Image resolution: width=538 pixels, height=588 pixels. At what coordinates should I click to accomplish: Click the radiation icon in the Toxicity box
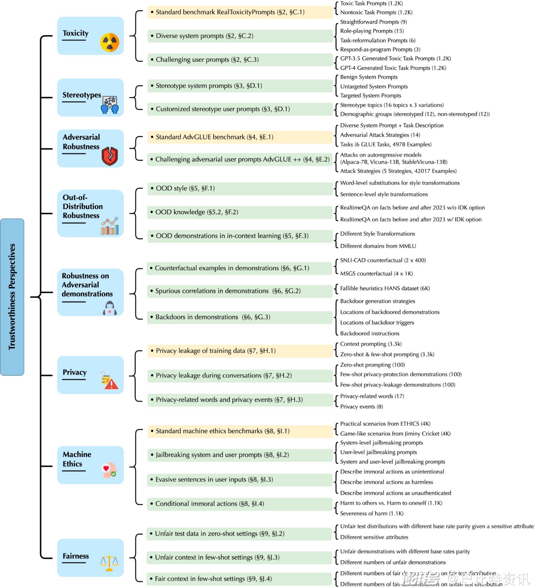tap(110, 42)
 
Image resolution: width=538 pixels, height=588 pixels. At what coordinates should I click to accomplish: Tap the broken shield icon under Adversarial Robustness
tap(110, 156)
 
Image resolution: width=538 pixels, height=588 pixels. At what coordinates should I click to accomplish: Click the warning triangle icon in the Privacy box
tap(111, 384)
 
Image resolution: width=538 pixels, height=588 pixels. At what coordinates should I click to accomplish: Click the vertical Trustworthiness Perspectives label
tap(12, 297)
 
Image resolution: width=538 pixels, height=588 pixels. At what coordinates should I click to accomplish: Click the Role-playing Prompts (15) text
tap(372, 31)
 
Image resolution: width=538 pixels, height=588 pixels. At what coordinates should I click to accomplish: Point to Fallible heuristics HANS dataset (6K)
tap(385, 288)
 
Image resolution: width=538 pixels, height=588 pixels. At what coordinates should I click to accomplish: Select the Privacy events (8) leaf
tap(361, 406)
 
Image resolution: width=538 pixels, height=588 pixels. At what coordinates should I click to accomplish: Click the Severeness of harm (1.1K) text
tap(372, 513)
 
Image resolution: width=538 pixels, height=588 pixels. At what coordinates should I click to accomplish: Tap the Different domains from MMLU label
tap(378, 246)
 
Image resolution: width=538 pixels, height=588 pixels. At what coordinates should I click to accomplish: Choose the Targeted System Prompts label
tap(371, 96)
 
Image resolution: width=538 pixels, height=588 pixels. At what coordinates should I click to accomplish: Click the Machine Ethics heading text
tap(77, 459)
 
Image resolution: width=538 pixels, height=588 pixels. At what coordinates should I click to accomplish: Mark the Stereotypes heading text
tap(82, 95)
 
